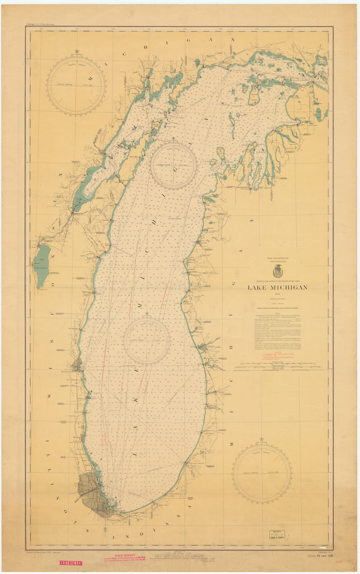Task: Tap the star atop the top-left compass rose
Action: click(x=77, y=51)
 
